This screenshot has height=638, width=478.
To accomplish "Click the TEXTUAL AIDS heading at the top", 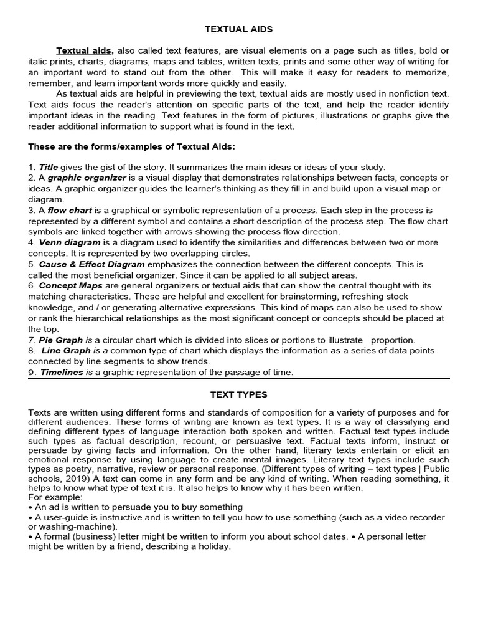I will point(239,29).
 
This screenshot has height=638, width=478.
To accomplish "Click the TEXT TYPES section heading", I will point(239,394).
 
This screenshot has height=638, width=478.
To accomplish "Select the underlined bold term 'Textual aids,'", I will point(85,50).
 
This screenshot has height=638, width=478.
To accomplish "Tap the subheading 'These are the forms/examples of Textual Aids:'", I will point(131,146).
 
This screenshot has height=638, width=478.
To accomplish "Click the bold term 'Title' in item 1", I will point(48,167).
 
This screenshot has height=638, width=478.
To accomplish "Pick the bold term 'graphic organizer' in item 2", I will point(87,178).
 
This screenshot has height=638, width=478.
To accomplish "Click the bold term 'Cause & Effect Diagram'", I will point(87,264).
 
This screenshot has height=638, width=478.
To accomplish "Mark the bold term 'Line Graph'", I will point(66,351).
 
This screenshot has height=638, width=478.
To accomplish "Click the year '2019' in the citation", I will point(64,478).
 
